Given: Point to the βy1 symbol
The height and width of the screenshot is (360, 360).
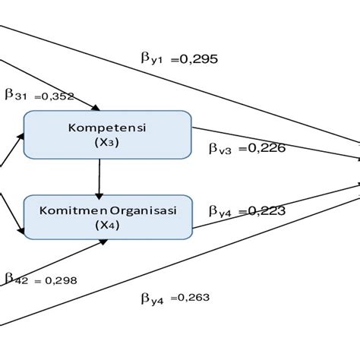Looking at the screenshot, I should tap(151, 59).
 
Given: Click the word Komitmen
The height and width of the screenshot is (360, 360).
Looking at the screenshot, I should tap(66, 211).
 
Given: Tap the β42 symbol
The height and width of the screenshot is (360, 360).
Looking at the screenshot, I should tap(17, 279).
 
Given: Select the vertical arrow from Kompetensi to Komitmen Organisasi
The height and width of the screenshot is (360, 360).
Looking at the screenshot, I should tap(99, 176).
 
